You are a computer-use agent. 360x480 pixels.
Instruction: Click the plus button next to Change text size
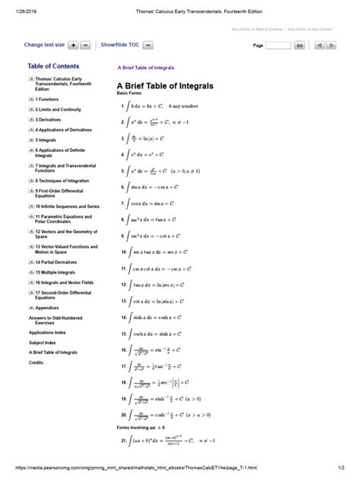coord(74,46)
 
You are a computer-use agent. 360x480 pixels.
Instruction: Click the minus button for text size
coord(86,46)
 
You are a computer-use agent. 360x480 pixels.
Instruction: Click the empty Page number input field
coord(278,46)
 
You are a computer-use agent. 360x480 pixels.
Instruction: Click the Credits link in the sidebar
coord(36,363)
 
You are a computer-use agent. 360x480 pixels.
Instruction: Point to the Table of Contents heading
coord(53,67)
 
